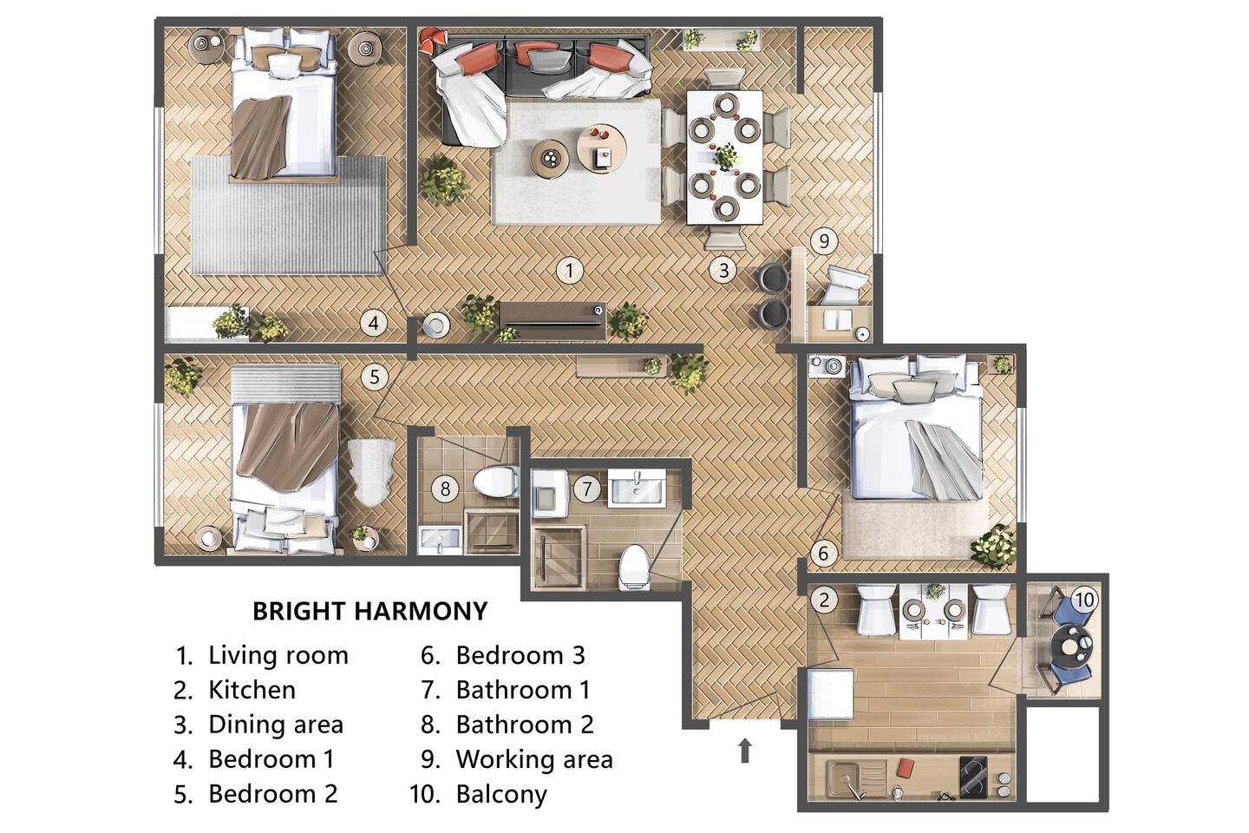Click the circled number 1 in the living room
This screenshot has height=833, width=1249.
click(569, 271)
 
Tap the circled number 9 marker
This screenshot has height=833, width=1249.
click(824, 241)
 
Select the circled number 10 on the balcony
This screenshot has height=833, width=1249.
click(1083, 600)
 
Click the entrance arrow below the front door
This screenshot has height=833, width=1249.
click(744, 751)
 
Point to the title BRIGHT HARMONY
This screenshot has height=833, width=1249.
click(370, 612)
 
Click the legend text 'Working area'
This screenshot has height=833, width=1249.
click(534, 759)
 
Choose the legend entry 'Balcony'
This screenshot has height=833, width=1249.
click(501, 795)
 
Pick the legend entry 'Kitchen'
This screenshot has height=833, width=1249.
click(252, 690)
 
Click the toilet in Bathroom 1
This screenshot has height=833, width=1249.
click(635, 567)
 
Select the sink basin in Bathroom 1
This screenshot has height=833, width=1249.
click(637, 489)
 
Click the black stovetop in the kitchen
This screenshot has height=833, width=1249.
click(973, 777)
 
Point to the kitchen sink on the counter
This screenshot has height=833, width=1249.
click(857, 777)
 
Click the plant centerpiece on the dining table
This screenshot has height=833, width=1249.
click(726, 157)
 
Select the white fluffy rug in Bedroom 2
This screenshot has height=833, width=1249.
click(371, 471)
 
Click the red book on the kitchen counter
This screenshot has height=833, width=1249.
click(905, 768)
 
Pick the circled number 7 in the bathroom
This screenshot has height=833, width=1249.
click(586, 489)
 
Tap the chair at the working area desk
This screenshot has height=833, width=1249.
click(846, 285)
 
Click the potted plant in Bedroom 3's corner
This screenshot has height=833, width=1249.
click(993, 547)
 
